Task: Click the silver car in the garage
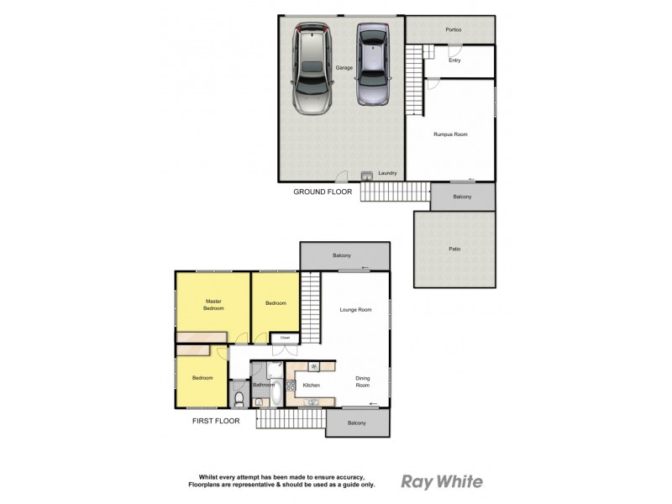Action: pyautogui.click(x=313, y=68)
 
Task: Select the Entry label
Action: pyautogui.click(x=454, y=60)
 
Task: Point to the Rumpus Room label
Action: pyautogui.click(x=450, y=134)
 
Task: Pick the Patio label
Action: pyautogui.click(x=454, y=249)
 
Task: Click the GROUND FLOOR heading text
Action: pyautogui.click(x=323, y=192)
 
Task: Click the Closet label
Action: pyautogui.click(x=286, y=338)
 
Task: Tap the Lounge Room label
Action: pyautogui.click(x=355, y=310)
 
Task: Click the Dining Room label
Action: pyautogui.click(x=362, y=383)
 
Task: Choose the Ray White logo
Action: pyautogui.click(x=442, y=481)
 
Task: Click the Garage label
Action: pyautogui.click(x=344, y=67)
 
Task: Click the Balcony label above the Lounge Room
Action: pyautogui.click(x=341, y=255)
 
